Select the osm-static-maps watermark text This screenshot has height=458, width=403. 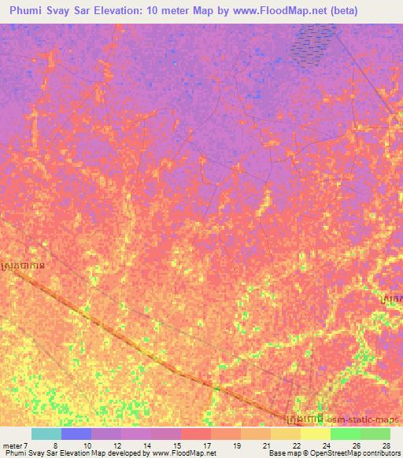point(371,420)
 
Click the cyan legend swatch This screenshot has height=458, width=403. point(45,434)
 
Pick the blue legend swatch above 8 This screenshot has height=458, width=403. point(75,434)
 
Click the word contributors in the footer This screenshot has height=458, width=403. point(377,454)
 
